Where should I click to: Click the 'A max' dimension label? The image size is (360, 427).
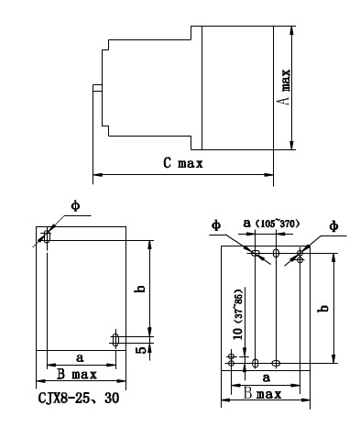click(285, 87)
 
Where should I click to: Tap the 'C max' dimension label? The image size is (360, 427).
click(183, 163)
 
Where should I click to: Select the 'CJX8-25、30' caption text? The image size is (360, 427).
click(79, 399)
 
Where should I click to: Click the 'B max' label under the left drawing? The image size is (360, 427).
click(77, 374)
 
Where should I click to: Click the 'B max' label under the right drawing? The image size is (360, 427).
click(262, 394)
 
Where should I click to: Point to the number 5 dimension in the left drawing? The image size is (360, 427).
click(141, 350)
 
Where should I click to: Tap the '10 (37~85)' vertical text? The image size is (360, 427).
click(238, 314)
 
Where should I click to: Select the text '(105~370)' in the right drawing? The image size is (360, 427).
click(277, 224)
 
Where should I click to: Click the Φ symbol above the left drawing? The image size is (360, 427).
click(75, 206)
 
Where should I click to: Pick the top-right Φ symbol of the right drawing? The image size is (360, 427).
click(334, 226)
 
